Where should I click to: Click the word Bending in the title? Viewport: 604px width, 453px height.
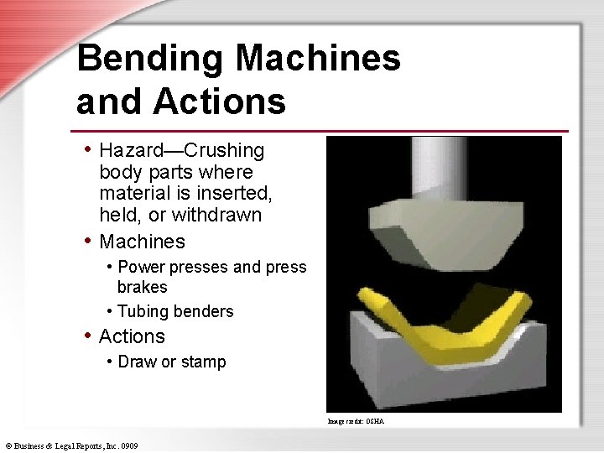click(148, 59)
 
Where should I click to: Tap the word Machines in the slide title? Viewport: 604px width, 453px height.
click(318, 59)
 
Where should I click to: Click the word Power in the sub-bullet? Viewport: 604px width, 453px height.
click(143, 268)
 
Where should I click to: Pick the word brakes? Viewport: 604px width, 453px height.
click(143, 288)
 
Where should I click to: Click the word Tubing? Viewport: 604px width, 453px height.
click(143, 312)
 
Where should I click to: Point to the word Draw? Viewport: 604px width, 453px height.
click(138, 362)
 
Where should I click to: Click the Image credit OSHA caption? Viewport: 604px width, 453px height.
click(357, 420)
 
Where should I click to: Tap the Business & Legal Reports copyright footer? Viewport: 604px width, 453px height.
click(71, 445)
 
